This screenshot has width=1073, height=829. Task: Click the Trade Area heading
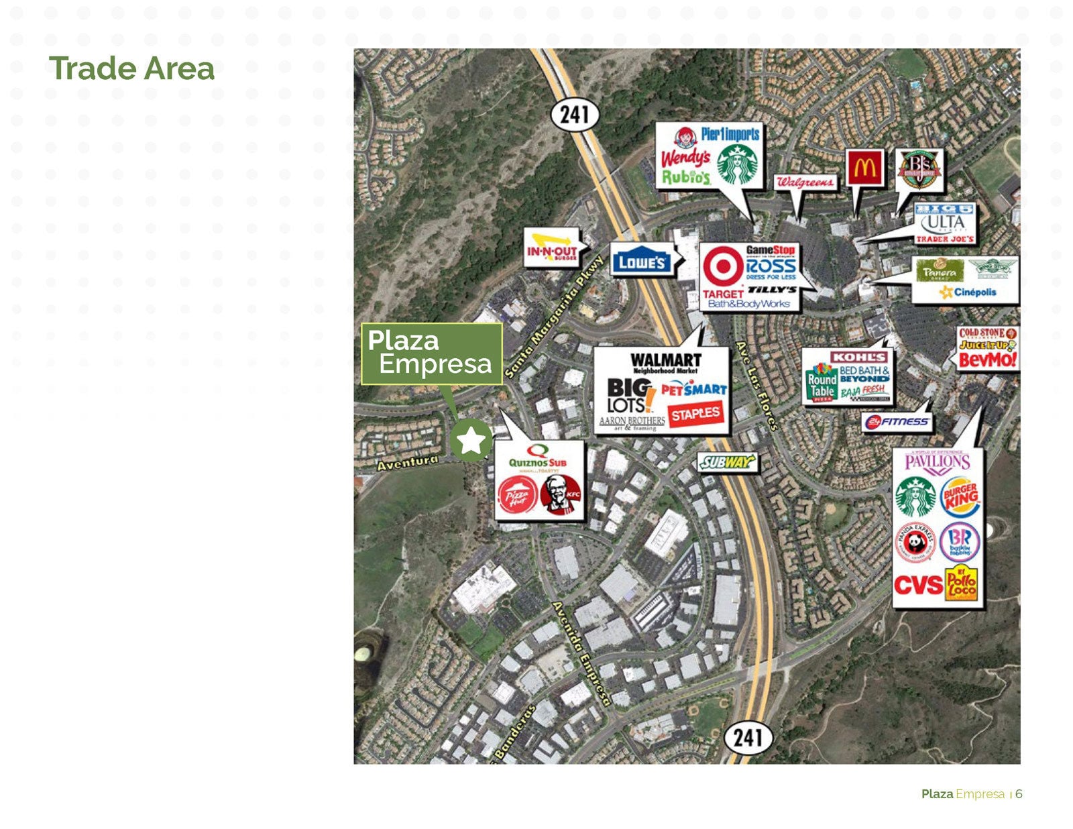[131, 68]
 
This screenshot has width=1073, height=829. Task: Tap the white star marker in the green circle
[471, 441]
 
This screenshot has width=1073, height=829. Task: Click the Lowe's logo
[641, 262]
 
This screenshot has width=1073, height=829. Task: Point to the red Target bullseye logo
[722, 267]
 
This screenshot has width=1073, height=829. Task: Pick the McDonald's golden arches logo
[864, 168]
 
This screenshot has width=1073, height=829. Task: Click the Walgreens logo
[805, 182]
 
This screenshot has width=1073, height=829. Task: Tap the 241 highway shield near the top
[575, 115]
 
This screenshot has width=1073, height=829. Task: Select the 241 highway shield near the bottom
[748, 738]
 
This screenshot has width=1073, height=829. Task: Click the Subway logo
[727, 462]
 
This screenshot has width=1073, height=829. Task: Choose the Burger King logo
[960, 497]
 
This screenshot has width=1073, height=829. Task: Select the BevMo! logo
[987, 360]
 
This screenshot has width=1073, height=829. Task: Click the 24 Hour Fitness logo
[897, 422]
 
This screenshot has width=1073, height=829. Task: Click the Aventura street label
[407, 462]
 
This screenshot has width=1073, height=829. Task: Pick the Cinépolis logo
[968, 292]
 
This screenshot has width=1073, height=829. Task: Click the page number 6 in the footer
[1019, 794]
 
